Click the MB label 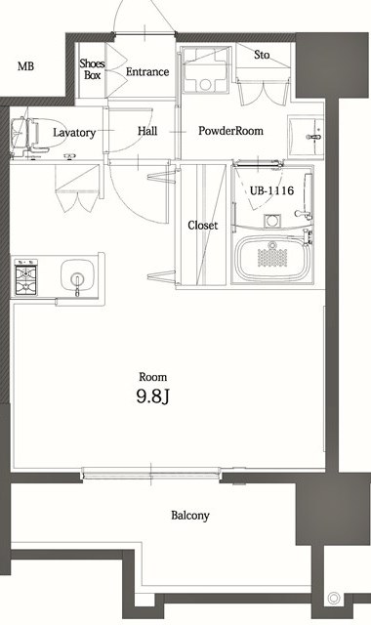pyautogui.click(x=26, y=67)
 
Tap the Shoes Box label pyautogui.click(x=92, y=69)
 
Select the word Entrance pyautogui.click(x=147, y=71)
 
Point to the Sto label pyautogui.click(x=262, y=56)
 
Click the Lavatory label pyautogui.click(x=74, y=132)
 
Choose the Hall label pyautogui.click(x=147, y=131)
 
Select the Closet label pyautogui.click(x=203, y=226)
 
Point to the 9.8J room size pyautogui.click(x=152, y=396)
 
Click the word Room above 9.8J pyautogui.click(x=152, y=376)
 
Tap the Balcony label pyautogui.click(x=190, y=516)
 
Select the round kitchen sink pyautogui.click(x=75, y=274)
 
